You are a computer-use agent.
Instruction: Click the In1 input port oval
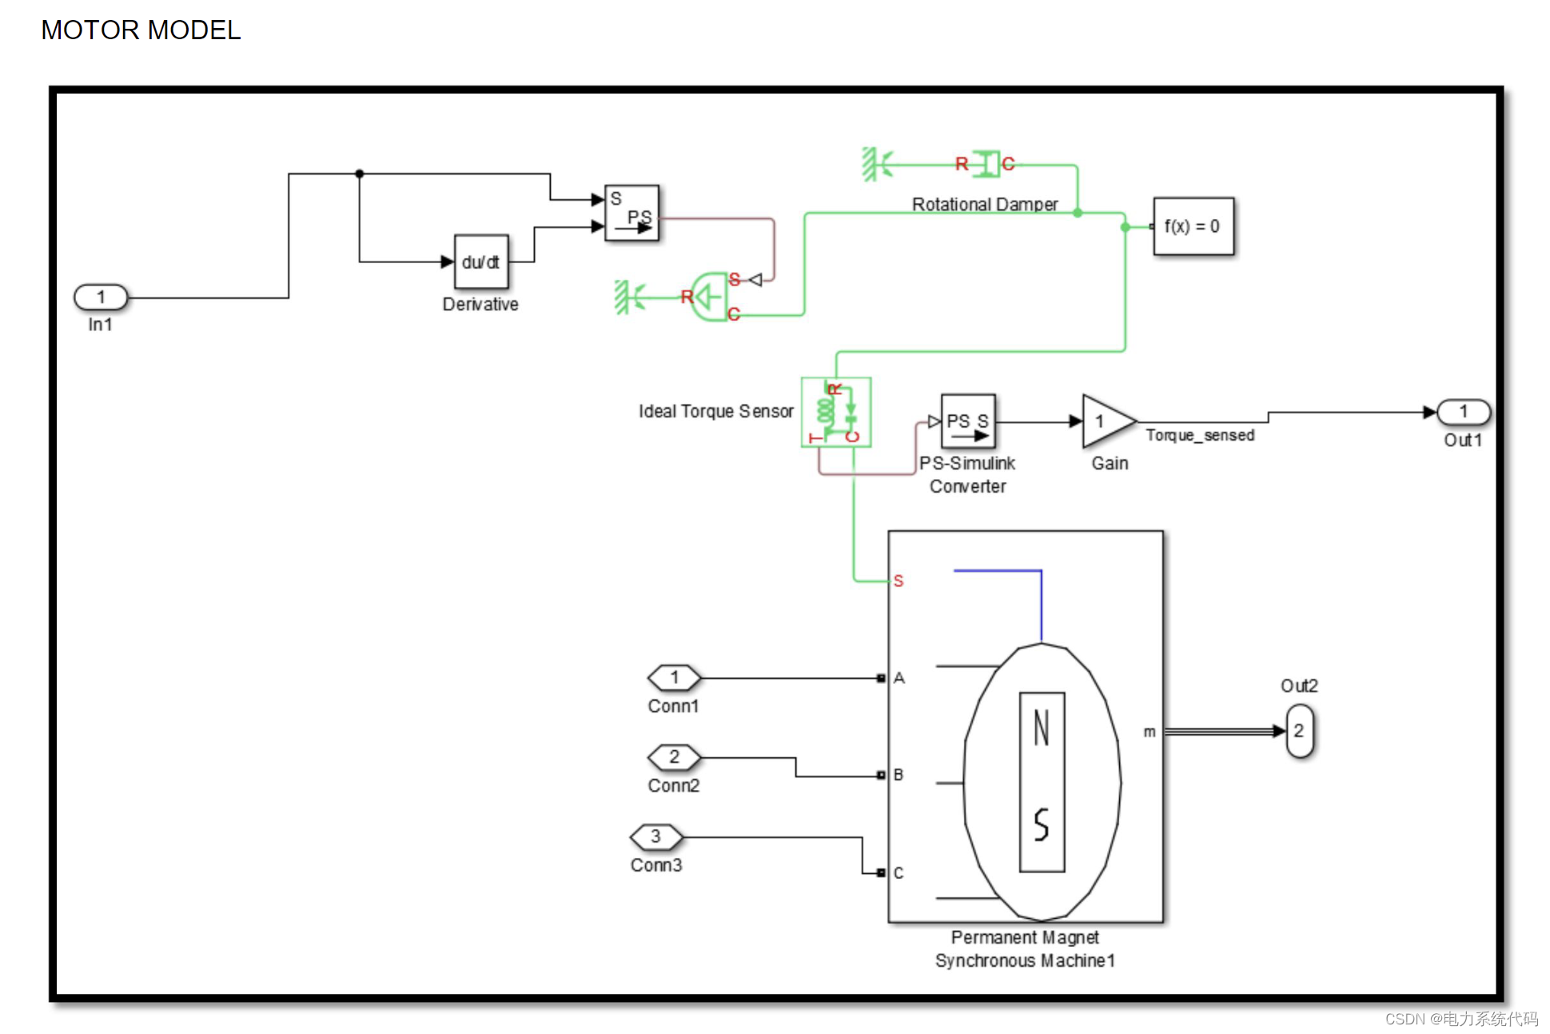(x=101, y=297)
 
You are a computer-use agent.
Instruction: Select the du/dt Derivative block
(x=480, y=261)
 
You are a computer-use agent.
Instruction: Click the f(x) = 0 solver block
(x=1193, y=226)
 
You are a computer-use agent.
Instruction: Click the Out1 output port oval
(x=1463, y=412)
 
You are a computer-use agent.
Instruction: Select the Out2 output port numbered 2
(x=1300, y=731)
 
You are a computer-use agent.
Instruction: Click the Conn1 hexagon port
(x=674, y=678)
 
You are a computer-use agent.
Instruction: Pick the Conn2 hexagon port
(x=674, y=757)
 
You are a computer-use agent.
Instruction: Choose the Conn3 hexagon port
(x=656, y=836)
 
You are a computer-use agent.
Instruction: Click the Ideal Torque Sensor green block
(x=836, y=412)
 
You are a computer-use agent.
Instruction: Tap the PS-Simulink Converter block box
(x=968, y=421)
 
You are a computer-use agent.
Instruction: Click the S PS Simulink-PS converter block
(x=632, y=213)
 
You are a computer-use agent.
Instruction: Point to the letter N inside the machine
(x=1041, y=728)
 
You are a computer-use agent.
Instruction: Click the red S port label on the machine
(x=899, y=581)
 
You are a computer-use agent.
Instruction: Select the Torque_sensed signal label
(x=1199, y=435)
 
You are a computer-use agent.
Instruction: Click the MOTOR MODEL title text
(x=141, y=30)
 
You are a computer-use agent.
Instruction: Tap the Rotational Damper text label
(x=984, y=204)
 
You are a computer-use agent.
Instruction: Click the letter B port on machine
(x=899, y=775)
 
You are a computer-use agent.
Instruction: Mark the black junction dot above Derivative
(x=360, y=174)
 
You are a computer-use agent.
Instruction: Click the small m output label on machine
(x=1149, y=732)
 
